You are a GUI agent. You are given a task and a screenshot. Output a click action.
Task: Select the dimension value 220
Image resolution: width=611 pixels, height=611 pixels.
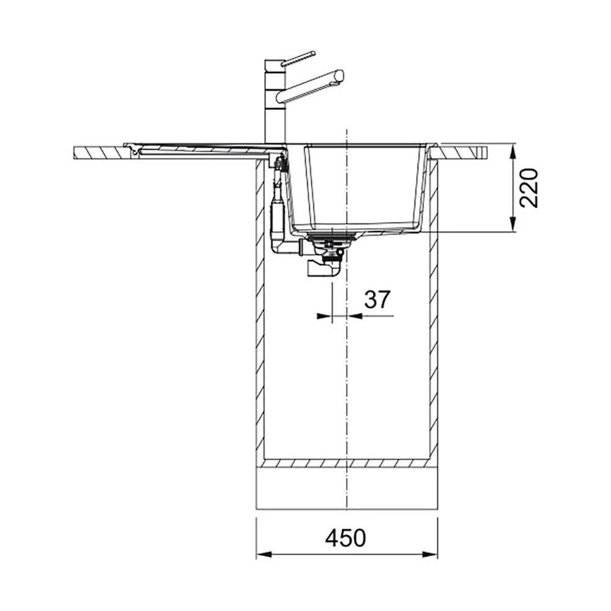coord(529,188)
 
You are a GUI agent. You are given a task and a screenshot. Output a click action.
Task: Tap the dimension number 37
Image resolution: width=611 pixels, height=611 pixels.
coord(377,299)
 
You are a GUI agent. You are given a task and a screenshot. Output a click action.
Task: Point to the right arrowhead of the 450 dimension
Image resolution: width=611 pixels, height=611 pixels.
coord(430,554)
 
